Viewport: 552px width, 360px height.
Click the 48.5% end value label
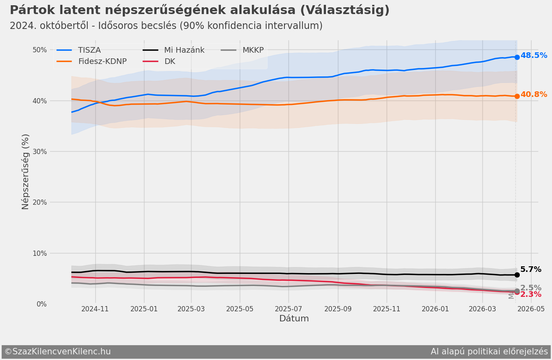click(533, 56)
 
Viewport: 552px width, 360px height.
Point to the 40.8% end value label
click(533, 95)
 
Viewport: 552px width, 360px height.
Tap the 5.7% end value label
click(530, 269)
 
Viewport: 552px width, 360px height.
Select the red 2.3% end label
click(530, 295)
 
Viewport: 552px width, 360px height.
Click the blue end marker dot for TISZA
click(517, 57)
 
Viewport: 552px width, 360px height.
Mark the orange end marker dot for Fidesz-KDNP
click(517, 96)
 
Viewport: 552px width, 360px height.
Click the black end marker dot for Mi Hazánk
click(517, 275)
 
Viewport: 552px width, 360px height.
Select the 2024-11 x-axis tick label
click(95, 309)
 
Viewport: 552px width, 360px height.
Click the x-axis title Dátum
click(294, 319)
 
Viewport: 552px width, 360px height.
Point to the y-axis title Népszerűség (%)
click(25, 172)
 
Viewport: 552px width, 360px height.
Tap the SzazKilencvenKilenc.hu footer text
click(61, 352)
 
